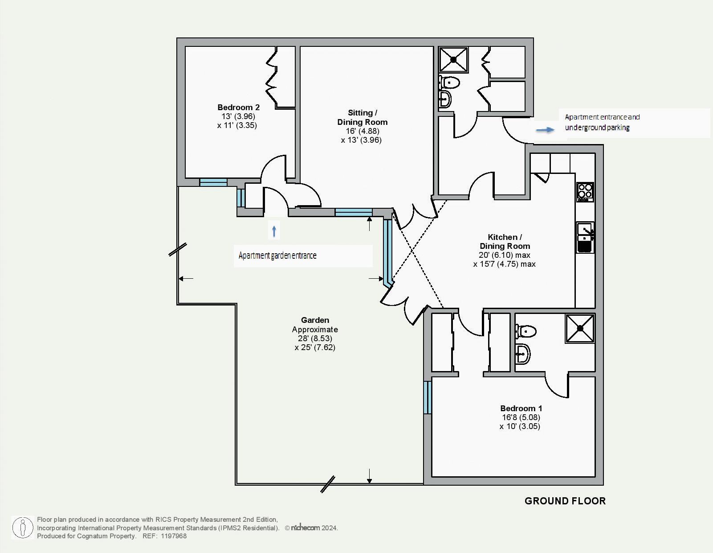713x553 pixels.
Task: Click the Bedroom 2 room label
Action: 238,107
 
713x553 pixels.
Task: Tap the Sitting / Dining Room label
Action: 362,117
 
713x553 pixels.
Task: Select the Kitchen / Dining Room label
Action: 505,242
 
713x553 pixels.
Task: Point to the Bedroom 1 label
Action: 521,409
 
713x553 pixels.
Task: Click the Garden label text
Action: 315,320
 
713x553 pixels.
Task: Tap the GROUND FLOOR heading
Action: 565,501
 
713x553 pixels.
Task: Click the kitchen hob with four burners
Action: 585,192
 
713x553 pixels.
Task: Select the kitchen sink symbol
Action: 585,237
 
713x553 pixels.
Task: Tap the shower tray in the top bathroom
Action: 453,59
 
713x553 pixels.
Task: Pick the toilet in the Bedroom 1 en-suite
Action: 526,331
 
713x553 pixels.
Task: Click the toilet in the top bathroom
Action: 449,82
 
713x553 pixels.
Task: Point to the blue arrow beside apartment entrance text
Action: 545,130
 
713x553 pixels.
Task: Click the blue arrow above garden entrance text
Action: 274,231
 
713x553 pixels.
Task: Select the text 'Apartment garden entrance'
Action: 277,256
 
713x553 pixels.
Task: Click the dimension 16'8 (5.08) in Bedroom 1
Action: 521,417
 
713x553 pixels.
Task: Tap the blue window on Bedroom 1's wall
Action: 427,397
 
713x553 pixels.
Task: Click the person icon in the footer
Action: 23,528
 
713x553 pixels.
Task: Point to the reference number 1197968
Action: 174,536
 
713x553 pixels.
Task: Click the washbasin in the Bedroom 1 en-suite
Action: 523,354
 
